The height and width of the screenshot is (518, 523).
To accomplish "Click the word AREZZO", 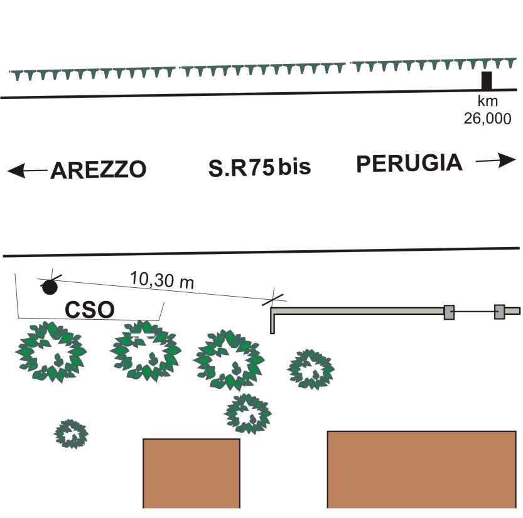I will pyautogui.click(x=99, y=170).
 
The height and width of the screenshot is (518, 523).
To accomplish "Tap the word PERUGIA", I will pyautogui.click(x=409, y=164).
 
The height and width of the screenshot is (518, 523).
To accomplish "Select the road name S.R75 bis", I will pyautogui.click(x=260, y=167).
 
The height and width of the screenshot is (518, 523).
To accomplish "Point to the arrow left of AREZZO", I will pyautogui.click(x=27, y=170).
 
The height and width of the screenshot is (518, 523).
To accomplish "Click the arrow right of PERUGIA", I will pyautogui.click(x=495, y=161).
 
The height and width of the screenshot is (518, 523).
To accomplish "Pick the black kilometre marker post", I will pyautogui.click(x=486, y=81).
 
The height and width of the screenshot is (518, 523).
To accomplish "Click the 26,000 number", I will pyautogui.click(x=487, y=119).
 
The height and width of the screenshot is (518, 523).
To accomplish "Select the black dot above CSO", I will pyautogui.click(x=49, y=287).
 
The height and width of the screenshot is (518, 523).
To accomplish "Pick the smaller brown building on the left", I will pyautogui.click(x=191, y=473).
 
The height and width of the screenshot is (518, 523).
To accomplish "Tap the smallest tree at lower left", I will pyautogui.click(x=71, y=433).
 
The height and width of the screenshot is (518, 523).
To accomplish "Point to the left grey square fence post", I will pyautogui.click(x=449, y=312).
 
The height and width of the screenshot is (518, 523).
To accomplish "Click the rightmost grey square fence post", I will pyautogui.click(x=500, y=311).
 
